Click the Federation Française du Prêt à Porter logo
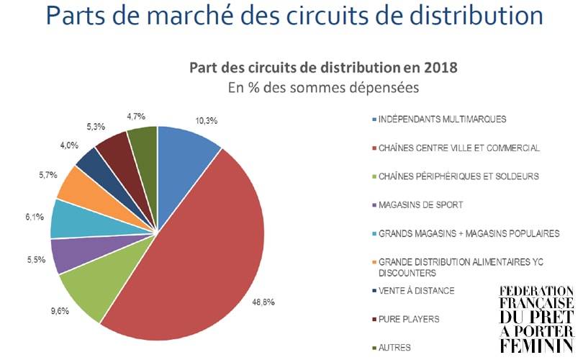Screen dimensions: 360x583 [x=536, y=319]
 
